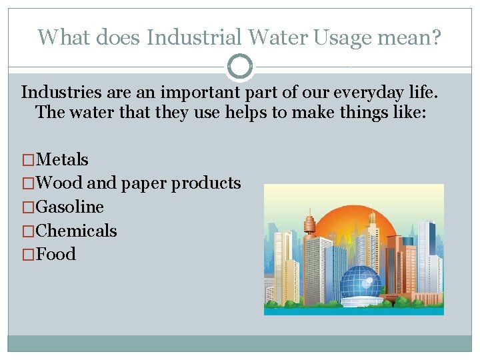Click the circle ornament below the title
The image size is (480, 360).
[240, 67]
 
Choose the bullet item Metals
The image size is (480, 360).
[63, 159]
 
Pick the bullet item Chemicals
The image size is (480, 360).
[77, 231]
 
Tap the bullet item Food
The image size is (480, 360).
[57, 254]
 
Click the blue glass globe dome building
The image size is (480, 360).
[361, 283]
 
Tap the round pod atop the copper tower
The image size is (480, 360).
[310, 221]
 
